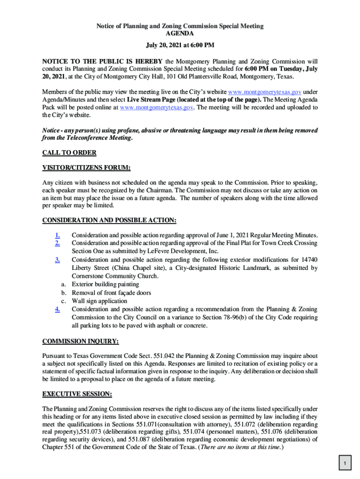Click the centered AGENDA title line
(180, 34)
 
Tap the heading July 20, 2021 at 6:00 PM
(180, 45)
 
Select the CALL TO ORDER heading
(69, 153)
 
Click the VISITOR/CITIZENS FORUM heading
(86, 167)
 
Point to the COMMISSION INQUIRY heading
(80, 341)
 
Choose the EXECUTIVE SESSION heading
(77, 394)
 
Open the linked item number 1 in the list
(57, 235)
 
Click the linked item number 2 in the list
(57, 243)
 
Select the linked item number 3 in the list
(57, 260)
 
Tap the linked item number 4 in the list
(57, 309)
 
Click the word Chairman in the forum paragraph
(170, 190)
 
